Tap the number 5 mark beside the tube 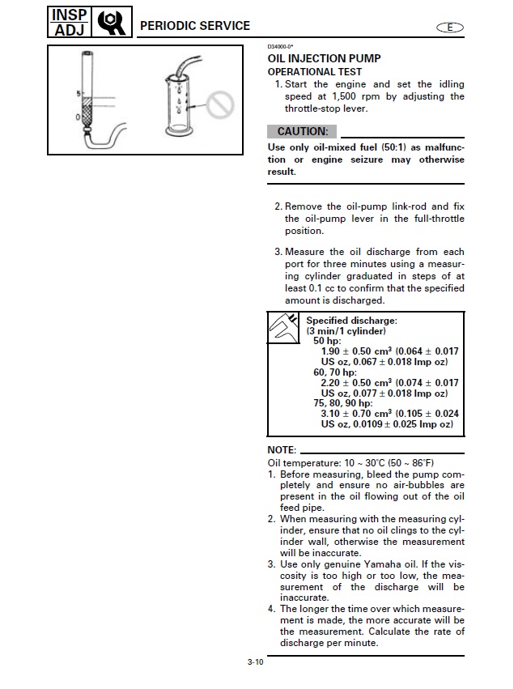tap(79, 96)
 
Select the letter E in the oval tap(450, 27)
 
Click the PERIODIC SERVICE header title tap(195, 26)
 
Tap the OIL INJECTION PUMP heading tap(324, 59)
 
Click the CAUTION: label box tap(301, 131)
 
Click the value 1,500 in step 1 tap(345, 96)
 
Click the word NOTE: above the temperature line tap(282, 450)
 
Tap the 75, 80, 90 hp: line tap(342, 402)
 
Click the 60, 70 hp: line tap(334, 372)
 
